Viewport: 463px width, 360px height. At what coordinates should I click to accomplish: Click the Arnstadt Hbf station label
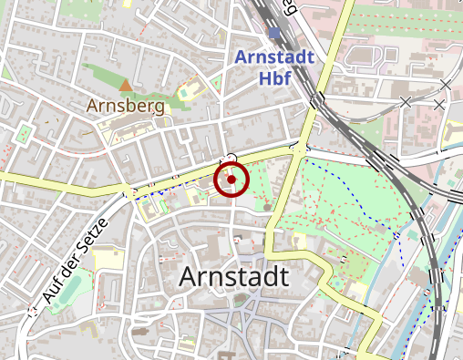274,67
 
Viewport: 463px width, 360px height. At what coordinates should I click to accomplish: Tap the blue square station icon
275,34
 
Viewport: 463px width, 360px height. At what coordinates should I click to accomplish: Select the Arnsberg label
126,106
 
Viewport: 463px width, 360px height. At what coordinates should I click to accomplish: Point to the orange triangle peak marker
126,86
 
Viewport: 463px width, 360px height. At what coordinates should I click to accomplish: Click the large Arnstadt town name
235,276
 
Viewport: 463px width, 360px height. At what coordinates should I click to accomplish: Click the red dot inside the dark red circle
231,180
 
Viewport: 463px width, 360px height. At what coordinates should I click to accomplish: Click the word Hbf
274,77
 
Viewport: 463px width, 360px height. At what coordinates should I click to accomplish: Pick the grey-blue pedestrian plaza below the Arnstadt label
239,319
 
